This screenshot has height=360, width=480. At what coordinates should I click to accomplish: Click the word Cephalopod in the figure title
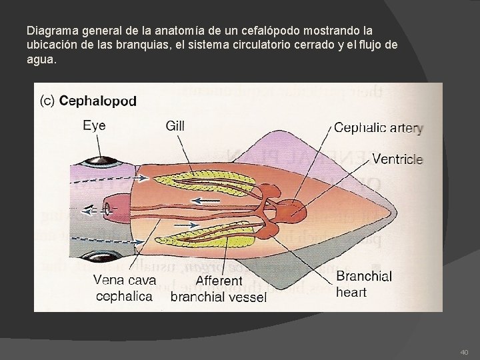point(98,102)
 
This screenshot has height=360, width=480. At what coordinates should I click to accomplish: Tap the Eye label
point(94,125)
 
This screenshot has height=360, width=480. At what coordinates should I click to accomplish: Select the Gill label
point(175,125)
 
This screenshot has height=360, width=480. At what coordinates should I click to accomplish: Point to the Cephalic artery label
point(378,128)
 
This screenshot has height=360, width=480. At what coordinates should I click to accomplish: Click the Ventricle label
point(397,159)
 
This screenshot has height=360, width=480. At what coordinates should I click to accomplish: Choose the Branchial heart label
point(363,284)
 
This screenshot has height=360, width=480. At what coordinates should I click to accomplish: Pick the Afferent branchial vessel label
point(219,289)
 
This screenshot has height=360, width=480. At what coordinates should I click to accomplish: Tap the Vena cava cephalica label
point(126,287)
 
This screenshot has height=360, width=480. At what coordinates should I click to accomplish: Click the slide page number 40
point(464,351)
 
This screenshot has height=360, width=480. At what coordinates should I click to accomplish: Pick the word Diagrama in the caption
point(50,31)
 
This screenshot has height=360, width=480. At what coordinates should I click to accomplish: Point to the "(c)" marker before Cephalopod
point(49,102)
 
